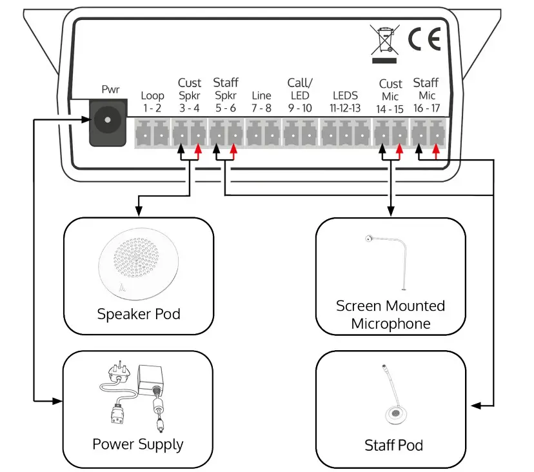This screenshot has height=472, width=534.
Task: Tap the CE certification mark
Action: [424, 40]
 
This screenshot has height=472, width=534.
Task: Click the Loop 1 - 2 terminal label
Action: [152, 102]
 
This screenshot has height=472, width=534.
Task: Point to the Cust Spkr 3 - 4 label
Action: [190, 95]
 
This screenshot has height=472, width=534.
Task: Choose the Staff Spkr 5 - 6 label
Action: [225, 95]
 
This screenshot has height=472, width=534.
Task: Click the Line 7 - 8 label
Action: [262, 102]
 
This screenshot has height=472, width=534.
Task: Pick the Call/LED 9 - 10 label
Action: [299, 95]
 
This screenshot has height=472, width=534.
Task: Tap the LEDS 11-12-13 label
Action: [345, 102]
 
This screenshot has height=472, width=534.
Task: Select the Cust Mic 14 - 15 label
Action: [390, 96]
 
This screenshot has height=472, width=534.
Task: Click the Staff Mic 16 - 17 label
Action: [426, 95]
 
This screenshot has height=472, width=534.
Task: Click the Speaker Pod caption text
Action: [138, 315]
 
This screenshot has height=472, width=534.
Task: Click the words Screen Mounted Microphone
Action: [390, 315]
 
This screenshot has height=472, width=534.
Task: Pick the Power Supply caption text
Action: [137, 444]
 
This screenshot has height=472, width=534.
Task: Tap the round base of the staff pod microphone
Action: [393, 415]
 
